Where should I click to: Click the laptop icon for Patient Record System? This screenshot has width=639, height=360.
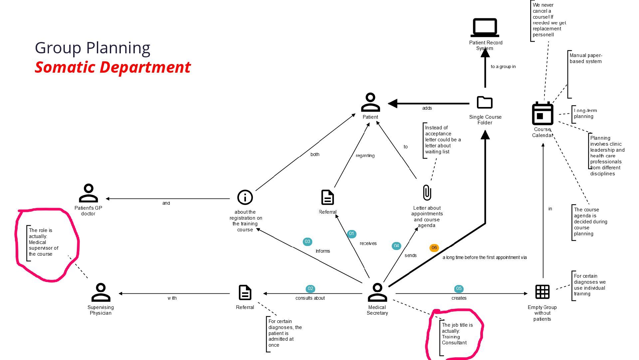pos(485,27)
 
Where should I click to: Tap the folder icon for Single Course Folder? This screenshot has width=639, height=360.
pos(485,102)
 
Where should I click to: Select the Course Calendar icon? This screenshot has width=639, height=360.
pos(542,114)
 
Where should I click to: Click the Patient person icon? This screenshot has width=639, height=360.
pos(370,102)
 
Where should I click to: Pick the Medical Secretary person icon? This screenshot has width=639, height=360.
pos(377,292)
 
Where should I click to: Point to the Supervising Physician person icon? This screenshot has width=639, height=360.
pos(101,292)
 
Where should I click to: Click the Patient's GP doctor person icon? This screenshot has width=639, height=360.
pos(88,193)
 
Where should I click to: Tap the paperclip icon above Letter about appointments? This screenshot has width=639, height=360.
pos(427,193)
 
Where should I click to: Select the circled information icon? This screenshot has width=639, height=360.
pos(245,197)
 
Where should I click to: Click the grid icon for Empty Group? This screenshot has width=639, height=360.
pos(542,292)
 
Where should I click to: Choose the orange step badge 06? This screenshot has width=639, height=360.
pos(434,248)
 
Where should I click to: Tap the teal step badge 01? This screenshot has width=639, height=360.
pos(351,234)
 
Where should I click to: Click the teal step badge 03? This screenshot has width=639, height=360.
pos(307,242)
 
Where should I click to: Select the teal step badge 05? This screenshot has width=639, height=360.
pos(459,289)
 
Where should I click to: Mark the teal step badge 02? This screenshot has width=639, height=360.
pos(310,289)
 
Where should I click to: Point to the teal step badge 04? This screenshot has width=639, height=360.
pos(396,246)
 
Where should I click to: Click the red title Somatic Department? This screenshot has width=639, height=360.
pos(112,67)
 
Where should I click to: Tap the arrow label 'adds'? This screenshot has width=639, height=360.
pos(427,108)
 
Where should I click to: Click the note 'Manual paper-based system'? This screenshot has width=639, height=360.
pos(586,58)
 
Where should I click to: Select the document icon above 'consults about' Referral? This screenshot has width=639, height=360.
pos(245,292)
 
